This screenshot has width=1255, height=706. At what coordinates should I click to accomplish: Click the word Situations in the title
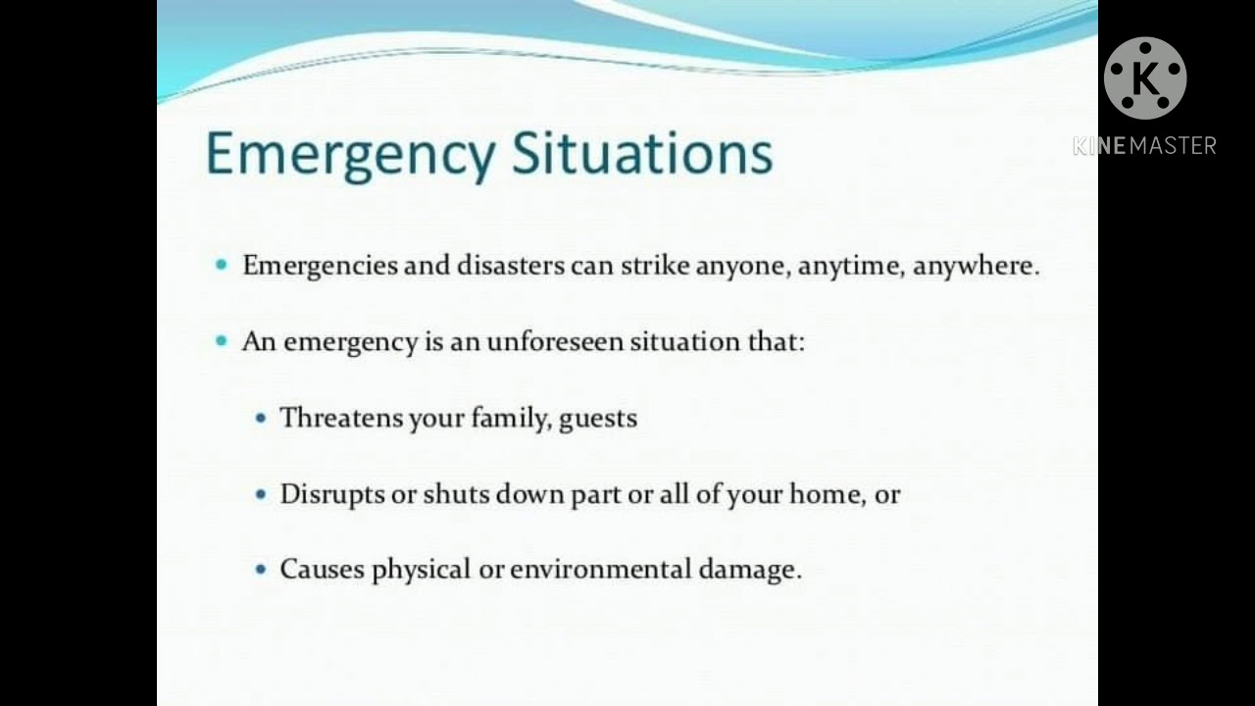pyautogui.click(x=643, y=153)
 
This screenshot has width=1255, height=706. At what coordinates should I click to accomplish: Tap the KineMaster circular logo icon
pyautogui.click(x=1144, y=78)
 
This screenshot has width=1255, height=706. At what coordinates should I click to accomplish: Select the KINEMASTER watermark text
pyautogui.click(x=1144, y=146)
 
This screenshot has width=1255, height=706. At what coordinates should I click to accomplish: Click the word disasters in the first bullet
pyautogui.click(x=510, y=266)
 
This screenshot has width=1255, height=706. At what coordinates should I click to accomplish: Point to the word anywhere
pyautogui.click(x=975, y=266)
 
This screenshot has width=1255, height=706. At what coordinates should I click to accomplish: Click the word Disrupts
pyautogui.click(x=332, y=494)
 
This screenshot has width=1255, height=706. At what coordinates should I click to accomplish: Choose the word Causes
pyautogui.click(x=323, y=570)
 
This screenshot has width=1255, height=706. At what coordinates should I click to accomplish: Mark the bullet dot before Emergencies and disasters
pyautogui.click(x=222, y=265)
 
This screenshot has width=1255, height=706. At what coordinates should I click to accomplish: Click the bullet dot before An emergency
pyautogui.click(x=222, y=341)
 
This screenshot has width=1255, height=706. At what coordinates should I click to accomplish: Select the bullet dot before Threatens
pyautogui.click(x=260, y=418)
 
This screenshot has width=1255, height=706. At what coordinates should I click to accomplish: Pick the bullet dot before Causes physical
pyautogui.click(x=260, y=570)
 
